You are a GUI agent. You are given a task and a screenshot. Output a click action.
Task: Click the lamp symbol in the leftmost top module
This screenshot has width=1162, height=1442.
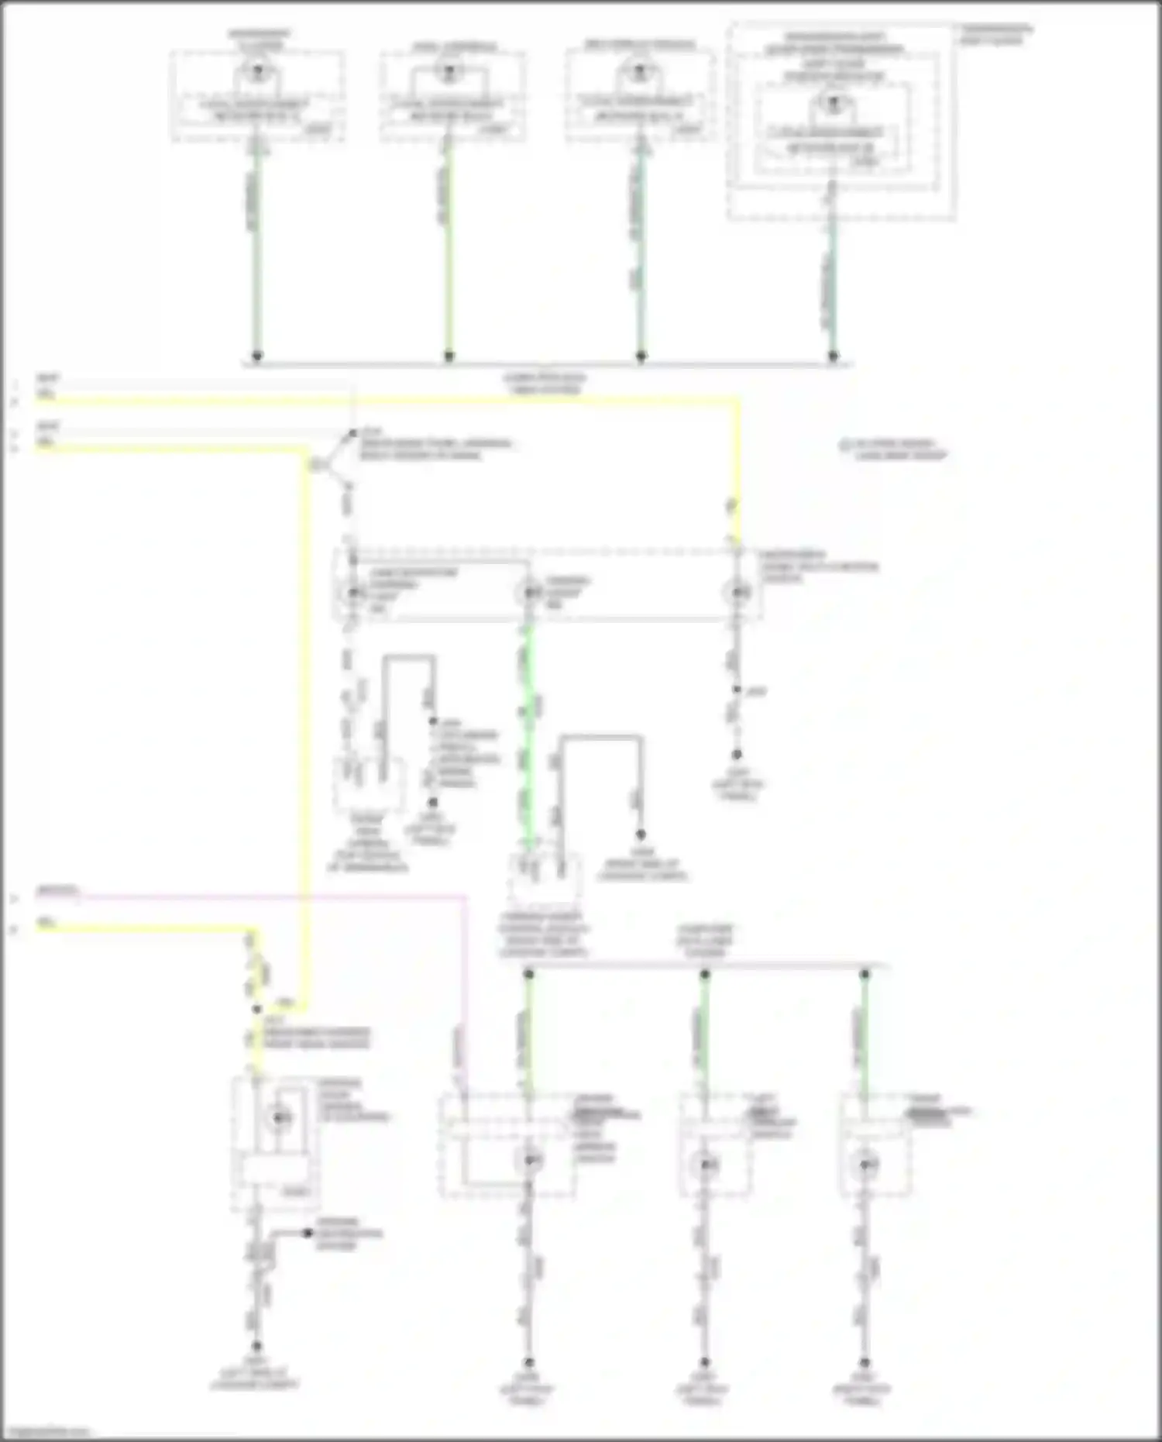tap(256, 73)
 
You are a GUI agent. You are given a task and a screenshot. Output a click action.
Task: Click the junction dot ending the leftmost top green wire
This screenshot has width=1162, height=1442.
tap(256, 356)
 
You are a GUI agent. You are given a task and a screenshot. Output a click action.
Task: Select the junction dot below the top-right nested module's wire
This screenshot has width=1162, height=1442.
tap(833, 356)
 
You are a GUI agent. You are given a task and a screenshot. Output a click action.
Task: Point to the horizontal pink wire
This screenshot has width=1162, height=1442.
tap(271, 897)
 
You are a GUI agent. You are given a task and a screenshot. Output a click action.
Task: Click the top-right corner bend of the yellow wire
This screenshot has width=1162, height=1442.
tap(737, 401)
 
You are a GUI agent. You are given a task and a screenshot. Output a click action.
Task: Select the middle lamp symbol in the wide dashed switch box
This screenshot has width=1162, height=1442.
tap(530, 593)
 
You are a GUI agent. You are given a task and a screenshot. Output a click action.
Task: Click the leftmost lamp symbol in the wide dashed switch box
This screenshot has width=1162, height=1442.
tap(353, 593)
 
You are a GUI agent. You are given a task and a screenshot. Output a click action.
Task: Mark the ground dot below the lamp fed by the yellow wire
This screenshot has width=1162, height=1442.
tap(737, 754)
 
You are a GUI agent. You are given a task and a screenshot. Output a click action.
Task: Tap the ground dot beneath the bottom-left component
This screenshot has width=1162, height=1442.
tap(256, 1347)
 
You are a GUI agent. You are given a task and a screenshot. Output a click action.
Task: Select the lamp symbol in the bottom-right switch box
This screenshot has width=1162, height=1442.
tap(865, 1164)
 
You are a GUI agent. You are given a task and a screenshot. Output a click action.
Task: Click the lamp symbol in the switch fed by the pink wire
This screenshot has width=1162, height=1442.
tap(530, 1160)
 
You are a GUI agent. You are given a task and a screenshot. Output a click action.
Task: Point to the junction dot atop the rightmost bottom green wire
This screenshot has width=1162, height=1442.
tap(865, 974)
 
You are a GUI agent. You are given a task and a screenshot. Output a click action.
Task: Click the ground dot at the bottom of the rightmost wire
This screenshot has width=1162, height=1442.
tap(865, 1362)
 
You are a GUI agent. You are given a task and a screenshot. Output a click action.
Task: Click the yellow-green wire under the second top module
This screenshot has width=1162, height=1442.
tap(449, 248)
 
